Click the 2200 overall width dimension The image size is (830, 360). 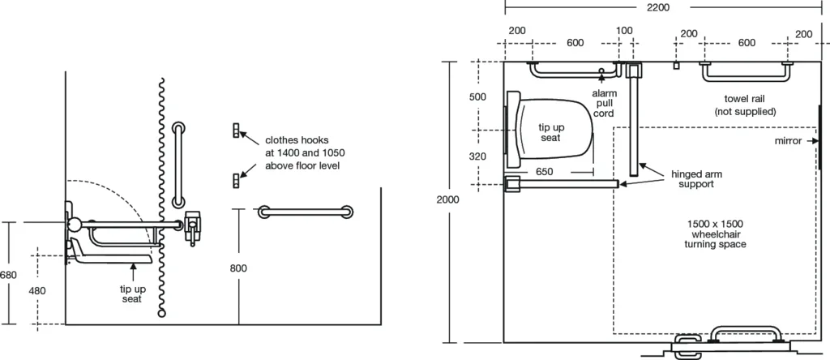(657, 7)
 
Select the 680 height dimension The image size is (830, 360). (8, 276)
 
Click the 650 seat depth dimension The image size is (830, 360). (545, 171)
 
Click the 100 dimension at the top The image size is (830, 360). (624, 31)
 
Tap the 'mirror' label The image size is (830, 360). (788, 140)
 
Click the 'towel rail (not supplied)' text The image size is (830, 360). (745, 105)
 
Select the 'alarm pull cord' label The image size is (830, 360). (605, 104)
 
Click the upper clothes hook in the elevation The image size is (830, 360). (237, 130)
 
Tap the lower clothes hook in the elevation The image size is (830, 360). (237, 180)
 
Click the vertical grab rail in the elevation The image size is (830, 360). (178, 166)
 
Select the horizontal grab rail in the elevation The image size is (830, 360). (306, 212)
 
